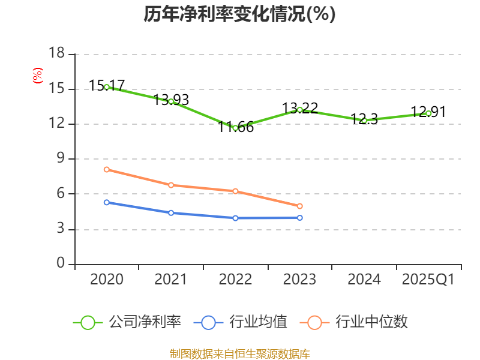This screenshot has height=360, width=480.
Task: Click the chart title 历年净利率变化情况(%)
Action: (x=239, y=14)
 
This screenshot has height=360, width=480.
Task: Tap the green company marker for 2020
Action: (x=107, y=87)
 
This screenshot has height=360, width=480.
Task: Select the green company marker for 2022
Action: (x=235, y=128)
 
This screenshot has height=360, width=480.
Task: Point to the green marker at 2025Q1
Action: (x=428, y=113)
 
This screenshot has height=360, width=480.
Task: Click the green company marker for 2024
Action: (x=364, y=121)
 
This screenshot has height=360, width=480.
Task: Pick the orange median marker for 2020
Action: (x=107, y=169)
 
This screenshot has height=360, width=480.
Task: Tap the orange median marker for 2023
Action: (x=300, y=206)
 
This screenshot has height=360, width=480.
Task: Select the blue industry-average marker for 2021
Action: (x=171, y=213)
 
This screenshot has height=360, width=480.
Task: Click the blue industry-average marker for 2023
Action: (x=300, y=218)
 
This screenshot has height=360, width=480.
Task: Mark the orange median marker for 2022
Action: (x=235, y=191)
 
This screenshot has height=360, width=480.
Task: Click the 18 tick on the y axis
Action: (x=56, y=54)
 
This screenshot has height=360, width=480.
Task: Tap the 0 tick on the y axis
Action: (x=61, y=264)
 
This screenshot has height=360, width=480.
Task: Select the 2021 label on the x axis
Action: (x=171, y=280)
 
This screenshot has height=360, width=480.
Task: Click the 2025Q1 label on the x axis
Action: (x=428, y=280)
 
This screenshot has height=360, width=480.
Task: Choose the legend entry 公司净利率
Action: (x=127, y=322)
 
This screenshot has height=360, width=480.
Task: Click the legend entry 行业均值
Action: (x=241, y=322)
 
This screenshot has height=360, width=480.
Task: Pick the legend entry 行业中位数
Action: (x=358, y=322)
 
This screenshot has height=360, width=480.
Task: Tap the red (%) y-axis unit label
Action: (x=38, y=76)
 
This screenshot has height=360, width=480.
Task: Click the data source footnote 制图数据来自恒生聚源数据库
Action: (x=239, y=353)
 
